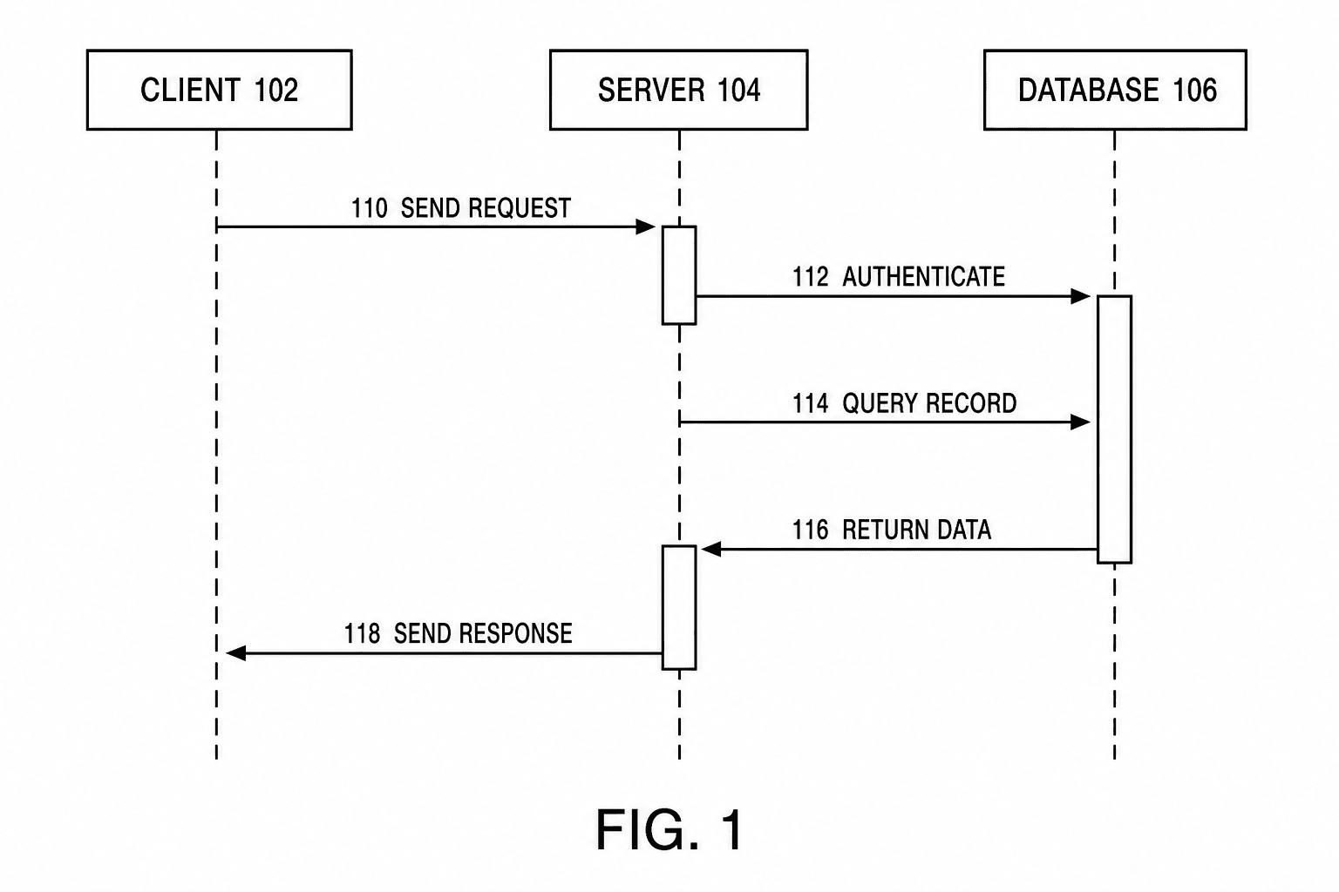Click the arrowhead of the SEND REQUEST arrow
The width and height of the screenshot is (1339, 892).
(x=646, y=227)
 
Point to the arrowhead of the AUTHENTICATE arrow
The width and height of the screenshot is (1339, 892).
(x=1081, y=296)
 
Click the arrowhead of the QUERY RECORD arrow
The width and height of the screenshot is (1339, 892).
(x=1081, y=422)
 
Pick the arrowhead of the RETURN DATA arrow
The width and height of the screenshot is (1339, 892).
(x=711, y=549)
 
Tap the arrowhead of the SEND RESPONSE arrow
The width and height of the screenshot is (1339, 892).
(x=236, y=653)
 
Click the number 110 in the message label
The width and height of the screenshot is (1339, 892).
(x=369, y=208)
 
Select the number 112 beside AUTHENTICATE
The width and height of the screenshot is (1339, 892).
(x=811, y=277)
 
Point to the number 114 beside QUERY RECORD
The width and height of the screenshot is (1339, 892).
(x=811, y=404)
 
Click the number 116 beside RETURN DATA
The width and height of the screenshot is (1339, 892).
(x=811, y=530)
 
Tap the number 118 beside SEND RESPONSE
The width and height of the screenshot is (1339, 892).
(x=362, y=634)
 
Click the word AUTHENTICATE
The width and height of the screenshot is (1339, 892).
(x=923, y=277)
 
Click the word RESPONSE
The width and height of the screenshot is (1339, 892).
(x=514, y=634)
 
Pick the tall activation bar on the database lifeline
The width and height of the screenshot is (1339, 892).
(x=1114, y=429)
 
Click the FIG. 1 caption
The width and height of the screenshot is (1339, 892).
(x=669, y=829)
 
